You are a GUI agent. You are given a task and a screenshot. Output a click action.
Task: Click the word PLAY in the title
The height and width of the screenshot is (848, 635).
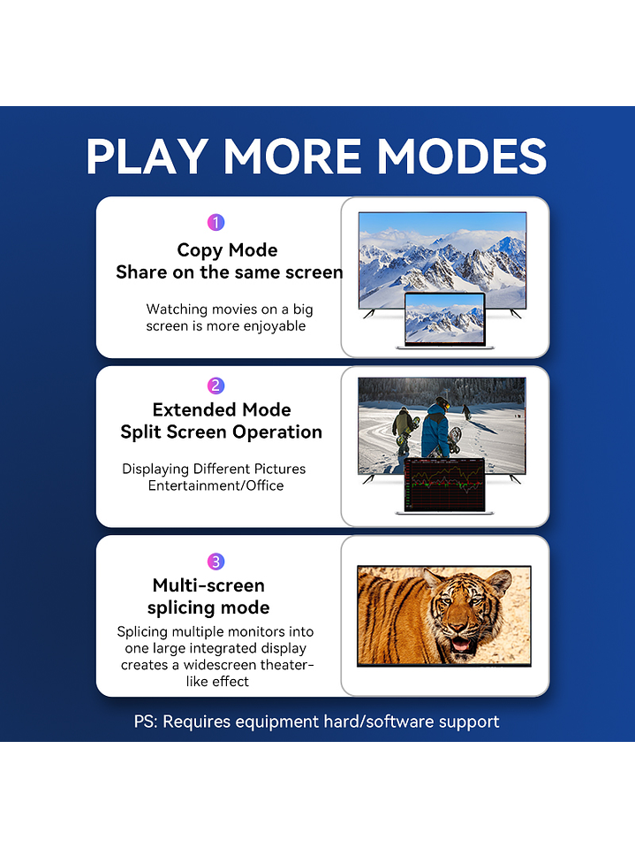(147, 157)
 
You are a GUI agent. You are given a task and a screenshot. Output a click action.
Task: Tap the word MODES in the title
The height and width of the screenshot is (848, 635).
(462, 157)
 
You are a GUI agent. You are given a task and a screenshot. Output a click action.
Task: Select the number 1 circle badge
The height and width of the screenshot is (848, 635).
(216, 222)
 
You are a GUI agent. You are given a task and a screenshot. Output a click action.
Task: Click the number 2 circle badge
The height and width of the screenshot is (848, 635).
(216, 386)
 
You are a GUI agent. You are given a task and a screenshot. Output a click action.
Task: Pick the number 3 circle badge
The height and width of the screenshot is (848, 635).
(216, 562)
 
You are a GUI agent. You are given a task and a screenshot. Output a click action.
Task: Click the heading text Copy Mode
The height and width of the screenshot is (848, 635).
(227, 250)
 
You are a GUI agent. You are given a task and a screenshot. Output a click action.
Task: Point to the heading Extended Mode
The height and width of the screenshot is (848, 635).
(222, 409)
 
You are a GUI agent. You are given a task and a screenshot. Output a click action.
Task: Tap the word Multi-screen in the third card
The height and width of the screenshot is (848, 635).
(208, 585)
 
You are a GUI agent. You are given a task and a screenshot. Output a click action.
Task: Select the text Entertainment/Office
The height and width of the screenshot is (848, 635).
(216, 485)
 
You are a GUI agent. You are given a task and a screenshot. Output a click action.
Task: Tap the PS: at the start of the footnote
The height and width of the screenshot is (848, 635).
(146, 722)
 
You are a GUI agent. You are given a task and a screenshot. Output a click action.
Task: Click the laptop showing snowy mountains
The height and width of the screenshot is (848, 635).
(445, 320)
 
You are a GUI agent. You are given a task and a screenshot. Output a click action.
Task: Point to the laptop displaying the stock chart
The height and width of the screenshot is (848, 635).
(445, 485)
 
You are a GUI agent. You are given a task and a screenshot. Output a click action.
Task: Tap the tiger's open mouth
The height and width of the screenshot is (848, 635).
(461, 645)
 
